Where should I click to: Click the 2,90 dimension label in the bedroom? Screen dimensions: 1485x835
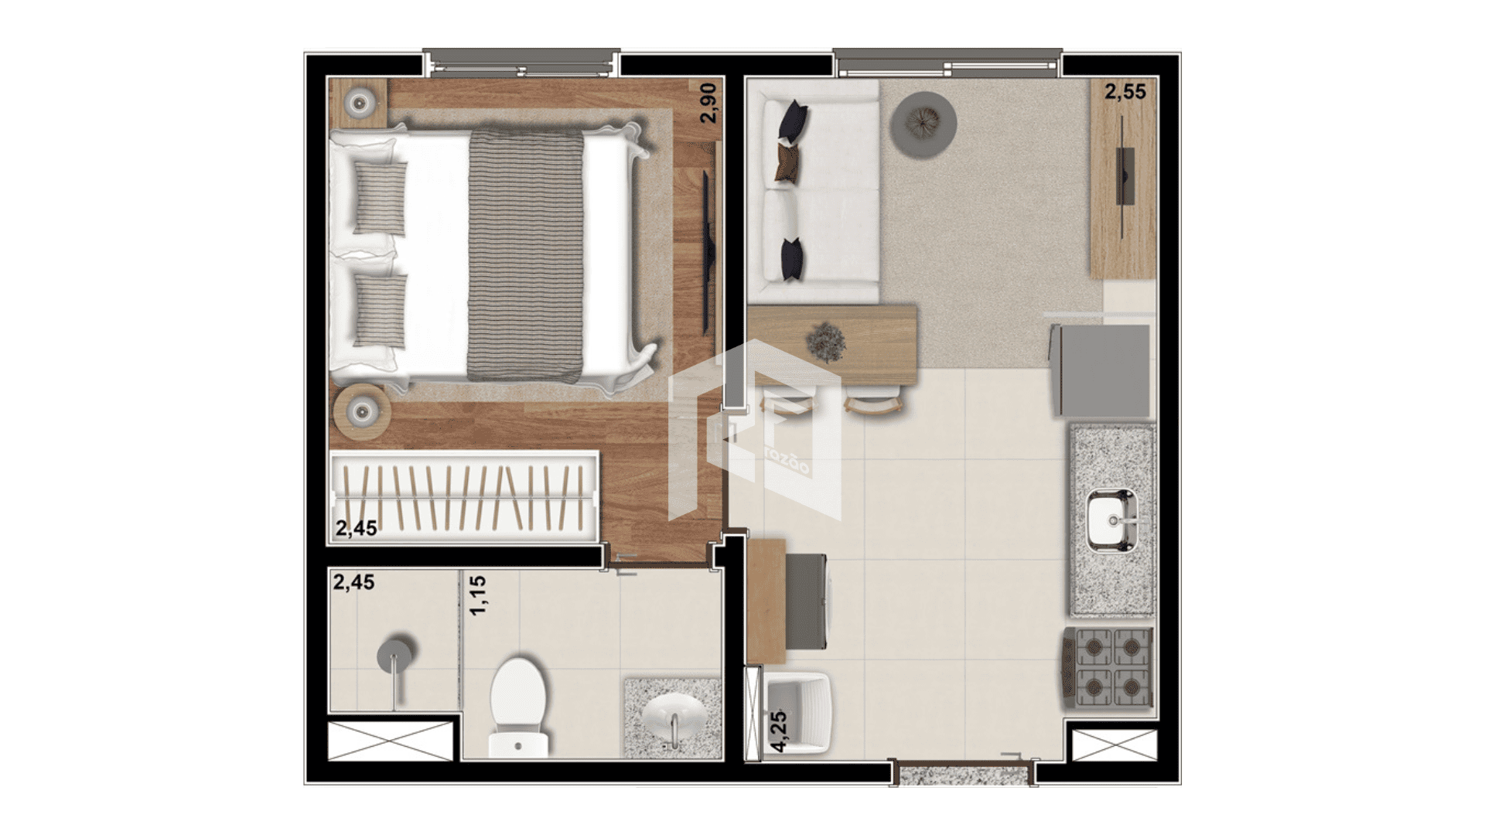[x=708, y=103]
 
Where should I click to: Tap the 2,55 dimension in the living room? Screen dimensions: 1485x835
[x=1125, y=92]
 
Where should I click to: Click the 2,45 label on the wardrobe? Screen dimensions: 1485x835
[x=356, y=528]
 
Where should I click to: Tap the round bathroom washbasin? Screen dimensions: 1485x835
[x=674, y=717]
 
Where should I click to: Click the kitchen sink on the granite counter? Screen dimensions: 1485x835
[x=1112, y=521]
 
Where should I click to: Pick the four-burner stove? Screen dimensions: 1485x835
[x=1108, y=669]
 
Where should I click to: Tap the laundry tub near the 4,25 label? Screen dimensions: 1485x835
[x=798, y=713]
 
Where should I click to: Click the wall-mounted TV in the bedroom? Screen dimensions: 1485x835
[x=706, y=252]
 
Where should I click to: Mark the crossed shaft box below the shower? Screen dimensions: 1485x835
[x=391, y=741]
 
